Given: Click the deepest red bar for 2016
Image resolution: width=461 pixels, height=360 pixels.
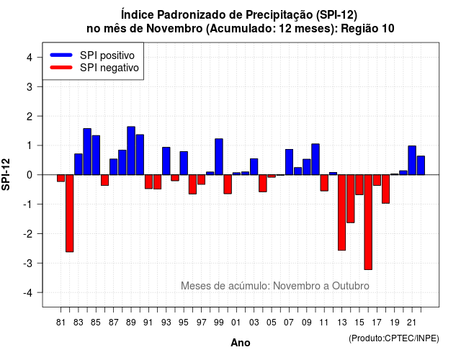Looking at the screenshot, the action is (368, 222).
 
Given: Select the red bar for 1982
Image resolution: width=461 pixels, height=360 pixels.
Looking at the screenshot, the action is (70, 213).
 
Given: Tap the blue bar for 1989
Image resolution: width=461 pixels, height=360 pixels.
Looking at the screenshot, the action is (131, 150).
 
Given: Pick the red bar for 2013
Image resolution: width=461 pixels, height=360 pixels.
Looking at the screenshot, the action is (341, 212).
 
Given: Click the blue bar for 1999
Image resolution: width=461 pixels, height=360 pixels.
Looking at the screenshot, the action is (219, 157).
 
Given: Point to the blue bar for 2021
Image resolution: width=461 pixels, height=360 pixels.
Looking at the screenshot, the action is (412, 160).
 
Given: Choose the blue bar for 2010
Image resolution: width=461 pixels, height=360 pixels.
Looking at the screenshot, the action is (315, 159).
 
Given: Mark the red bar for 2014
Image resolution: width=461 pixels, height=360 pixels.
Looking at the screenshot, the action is (351, 199).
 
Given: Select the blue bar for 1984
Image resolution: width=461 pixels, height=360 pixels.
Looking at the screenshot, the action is (87, 152).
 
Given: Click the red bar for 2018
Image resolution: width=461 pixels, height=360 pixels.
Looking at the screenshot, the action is (386, 189).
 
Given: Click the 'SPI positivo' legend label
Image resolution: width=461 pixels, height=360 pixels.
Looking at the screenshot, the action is (107, 55).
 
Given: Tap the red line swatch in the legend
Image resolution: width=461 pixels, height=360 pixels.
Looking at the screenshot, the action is (61, 67).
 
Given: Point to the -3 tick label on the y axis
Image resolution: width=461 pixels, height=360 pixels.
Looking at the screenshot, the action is (29, 263).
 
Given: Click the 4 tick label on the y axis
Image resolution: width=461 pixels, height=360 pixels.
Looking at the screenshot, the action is (30, 58).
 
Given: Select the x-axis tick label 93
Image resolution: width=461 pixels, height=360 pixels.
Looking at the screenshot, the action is (166, 323).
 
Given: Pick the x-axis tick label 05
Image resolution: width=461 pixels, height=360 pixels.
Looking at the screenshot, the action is (272, 323).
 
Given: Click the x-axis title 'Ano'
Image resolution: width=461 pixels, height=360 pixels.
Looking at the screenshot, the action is (241, 343).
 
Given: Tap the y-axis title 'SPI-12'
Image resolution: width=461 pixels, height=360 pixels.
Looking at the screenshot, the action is (6, 174).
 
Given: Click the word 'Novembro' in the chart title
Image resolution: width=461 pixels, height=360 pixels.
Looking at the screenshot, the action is (174, 29).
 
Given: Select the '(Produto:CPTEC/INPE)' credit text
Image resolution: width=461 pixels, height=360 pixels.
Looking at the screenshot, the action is (394, 338).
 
